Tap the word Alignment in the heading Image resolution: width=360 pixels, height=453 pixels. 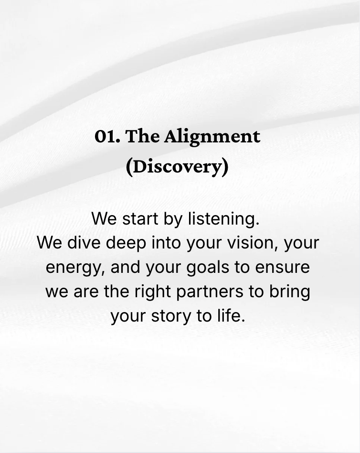(x=212, y=137)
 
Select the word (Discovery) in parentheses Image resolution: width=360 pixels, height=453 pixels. (x=177, y=167)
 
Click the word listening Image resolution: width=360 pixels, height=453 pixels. (x=223, y=219)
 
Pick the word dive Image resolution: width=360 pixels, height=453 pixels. (x=84, y=243)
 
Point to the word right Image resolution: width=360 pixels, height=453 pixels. (x=151, y=291)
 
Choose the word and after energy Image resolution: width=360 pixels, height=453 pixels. (x=126, y=267)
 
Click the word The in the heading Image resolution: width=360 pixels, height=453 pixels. (x=143, y=137)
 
